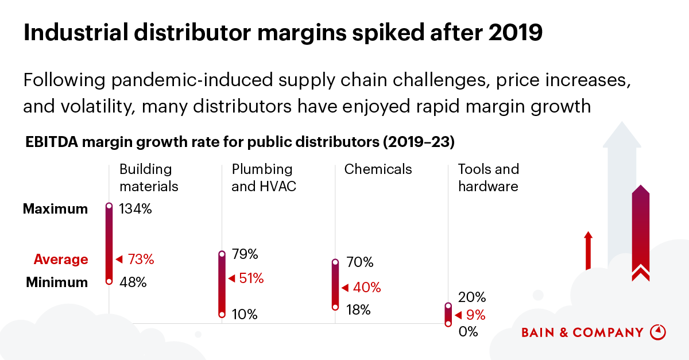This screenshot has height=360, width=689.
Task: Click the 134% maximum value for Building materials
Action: [135, 209]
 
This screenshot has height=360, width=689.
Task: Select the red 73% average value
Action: [141, 260]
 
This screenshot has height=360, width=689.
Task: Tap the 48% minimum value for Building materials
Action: [133, 282]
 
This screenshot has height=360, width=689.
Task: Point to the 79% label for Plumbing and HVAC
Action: [245, 254]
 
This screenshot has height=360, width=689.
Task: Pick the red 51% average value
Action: [250, 279]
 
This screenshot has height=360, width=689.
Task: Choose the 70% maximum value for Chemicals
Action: [360, 263]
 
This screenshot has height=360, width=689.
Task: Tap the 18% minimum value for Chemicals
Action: [359, 310]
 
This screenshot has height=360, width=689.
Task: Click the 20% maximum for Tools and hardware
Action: [472, 297]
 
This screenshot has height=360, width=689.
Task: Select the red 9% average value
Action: [476, 315]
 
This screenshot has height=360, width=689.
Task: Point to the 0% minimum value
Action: [469, 332]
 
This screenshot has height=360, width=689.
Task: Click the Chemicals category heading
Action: [378, 169]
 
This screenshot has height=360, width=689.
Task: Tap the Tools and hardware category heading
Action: [488, 178]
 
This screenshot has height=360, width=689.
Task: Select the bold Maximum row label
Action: [56, 209]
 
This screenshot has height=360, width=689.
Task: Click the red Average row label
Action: [61, 260]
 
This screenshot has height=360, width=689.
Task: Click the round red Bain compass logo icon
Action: [657, 332]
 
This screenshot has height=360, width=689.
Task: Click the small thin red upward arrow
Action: [587, 250]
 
